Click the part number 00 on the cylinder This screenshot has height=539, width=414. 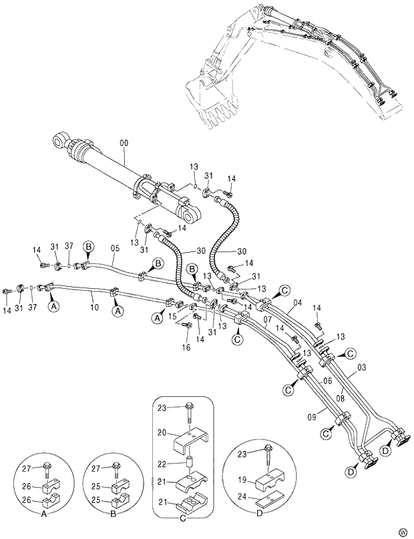(x=124, y=143)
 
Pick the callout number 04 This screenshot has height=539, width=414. (x=298, y=303)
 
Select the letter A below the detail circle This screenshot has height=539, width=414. (x=43, y=514)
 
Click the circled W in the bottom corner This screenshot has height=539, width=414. (x=403, y=532)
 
